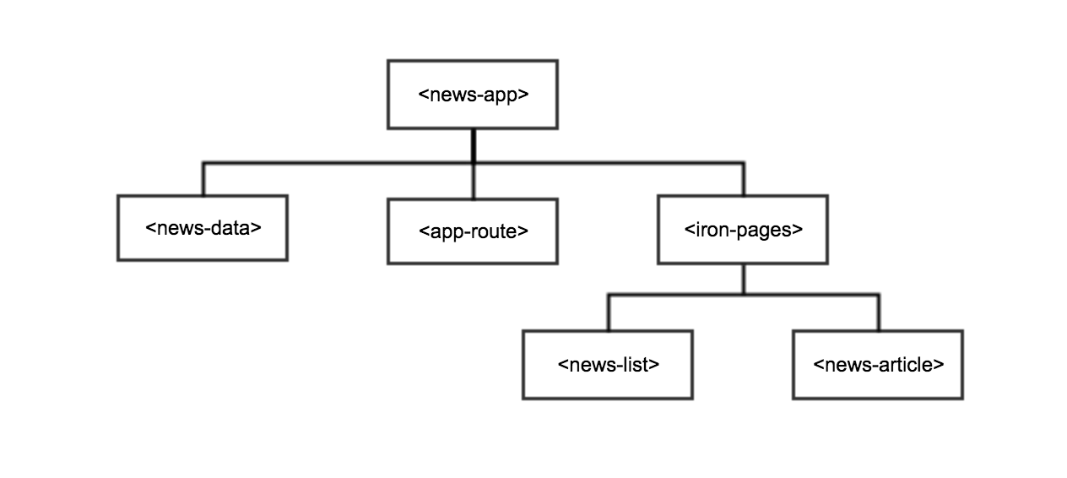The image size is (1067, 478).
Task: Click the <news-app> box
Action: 473,95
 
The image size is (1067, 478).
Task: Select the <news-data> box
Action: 203,228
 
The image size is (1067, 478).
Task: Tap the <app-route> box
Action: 473,231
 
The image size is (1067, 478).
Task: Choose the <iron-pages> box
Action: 743,229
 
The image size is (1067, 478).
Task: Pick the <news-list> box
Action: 608,365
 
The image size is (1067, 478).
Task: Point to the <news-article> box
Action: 878,365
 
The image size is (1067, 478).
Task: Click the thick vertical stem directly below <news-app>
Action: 473,144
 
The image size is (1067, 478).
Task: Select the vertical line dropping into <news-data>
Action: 203,178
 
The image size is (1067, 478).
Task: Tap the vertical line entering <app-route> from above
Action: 473,181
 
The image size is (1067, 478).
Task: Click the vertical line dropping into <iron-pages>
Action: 743,178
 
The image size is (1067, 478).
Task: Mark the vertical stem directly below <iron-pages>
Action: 743,279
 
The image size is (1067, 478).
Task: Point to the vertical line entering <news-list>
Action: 608,312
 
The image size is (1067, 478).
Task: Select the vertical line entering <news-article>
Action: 878,312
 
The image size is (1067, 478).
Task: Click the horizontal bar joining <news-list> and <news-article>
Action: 743,295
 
